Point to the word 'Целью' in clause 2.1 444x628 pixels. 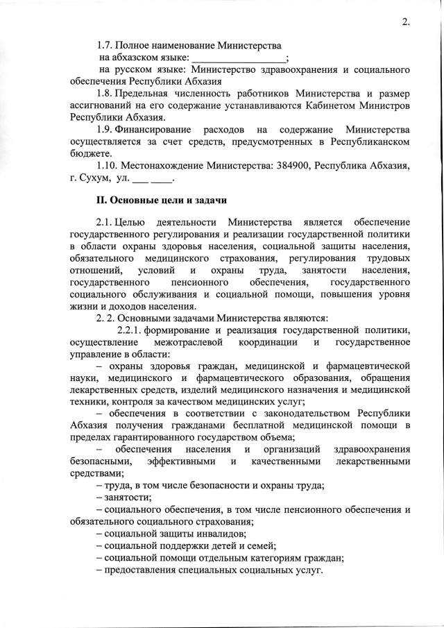coord(130,223)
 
